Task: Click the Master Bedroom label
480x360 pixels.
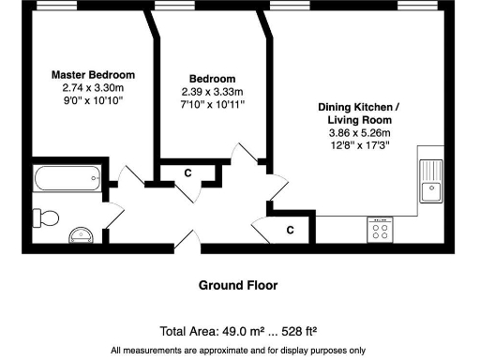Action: pyautogui.click(x=93, y=74)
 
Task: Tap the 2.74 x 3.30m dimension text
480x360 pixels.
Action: pyautogui.click(x=93, y=86)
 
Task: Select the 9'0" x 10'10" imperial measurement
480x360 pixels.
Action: pyautogui.click(x=93, y=98)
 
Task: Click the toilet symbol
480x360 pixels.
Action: pyautogui.click(x=44, y=217)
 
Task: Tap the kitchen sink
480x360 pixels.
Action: pyautogui.click(x=431, y=181)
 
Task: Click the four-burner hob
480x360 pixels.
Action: pyautogui.click(x=382, y=230)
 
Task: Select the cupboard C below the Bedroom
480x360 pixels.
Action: pyautogui.click(x=188, y=172)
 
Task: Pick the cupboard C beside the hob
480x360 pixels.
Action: pyautogui.click(x=290, y=229)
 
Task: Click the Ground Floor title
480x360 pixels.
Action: pyautogui.click(x=237, y=285)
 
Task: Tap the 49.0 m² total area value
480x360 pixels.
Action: pyautogui.click(x=244, y=331)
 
